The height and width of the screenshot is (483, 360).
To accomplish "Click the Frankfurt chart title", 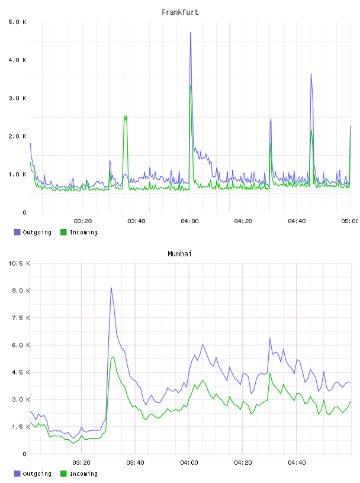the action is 180,12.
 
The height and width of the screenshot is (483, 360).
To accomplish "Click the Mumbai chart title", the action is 179,254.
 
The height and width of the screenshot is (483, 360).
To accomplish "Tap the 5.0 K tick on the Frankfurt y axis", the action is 17,22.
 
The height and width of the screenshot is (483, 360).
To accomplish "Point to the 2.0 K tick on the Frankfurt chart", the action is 17,136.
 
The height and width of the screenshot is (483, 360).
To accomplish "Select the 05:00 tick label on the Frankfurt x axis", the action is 349,221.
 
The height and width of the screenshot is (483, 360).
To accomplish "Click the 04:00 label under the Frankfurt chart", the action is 189,221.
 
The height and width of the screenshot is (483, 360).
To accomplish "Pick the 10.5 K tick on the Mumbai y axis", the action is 19,263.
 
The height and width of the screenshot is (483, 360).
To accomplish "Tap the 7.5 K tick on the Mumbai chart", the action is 21,318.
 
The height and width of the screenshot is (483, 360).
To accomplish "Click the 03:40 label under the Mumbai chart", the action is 135,463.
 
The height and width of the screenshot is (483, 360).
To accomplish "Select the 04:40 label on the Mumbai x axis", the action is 297,463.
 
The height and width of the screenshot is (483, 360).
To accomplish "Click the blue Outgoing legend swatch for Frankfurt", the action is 17,232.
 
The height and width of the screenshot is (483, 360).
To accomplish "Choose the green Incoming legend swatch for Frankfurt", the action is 63,232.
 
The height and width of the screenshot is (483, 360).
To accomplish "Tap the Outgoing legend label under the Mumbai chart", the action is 37,474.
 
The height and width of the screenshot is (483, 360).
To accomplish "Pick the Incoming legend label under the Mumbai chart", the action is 83,474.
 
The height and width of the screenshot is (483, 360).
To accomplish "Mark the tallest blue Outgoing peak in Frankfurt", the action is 191,33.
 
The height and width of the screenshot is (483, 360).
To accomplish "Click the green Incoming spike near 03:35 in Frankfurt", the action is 126,116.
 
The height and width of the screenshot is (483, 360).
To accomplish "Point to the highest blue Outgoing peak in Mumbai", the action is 111,288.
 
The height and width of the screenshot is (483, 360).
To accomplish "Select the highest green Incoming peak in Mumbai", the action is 114,357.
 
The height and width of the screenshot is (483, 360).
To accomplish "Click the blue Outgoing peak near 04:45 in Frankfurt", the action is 311,74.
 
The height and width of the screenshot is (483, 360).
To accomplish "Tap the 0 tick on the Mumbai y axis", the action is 24,454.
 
